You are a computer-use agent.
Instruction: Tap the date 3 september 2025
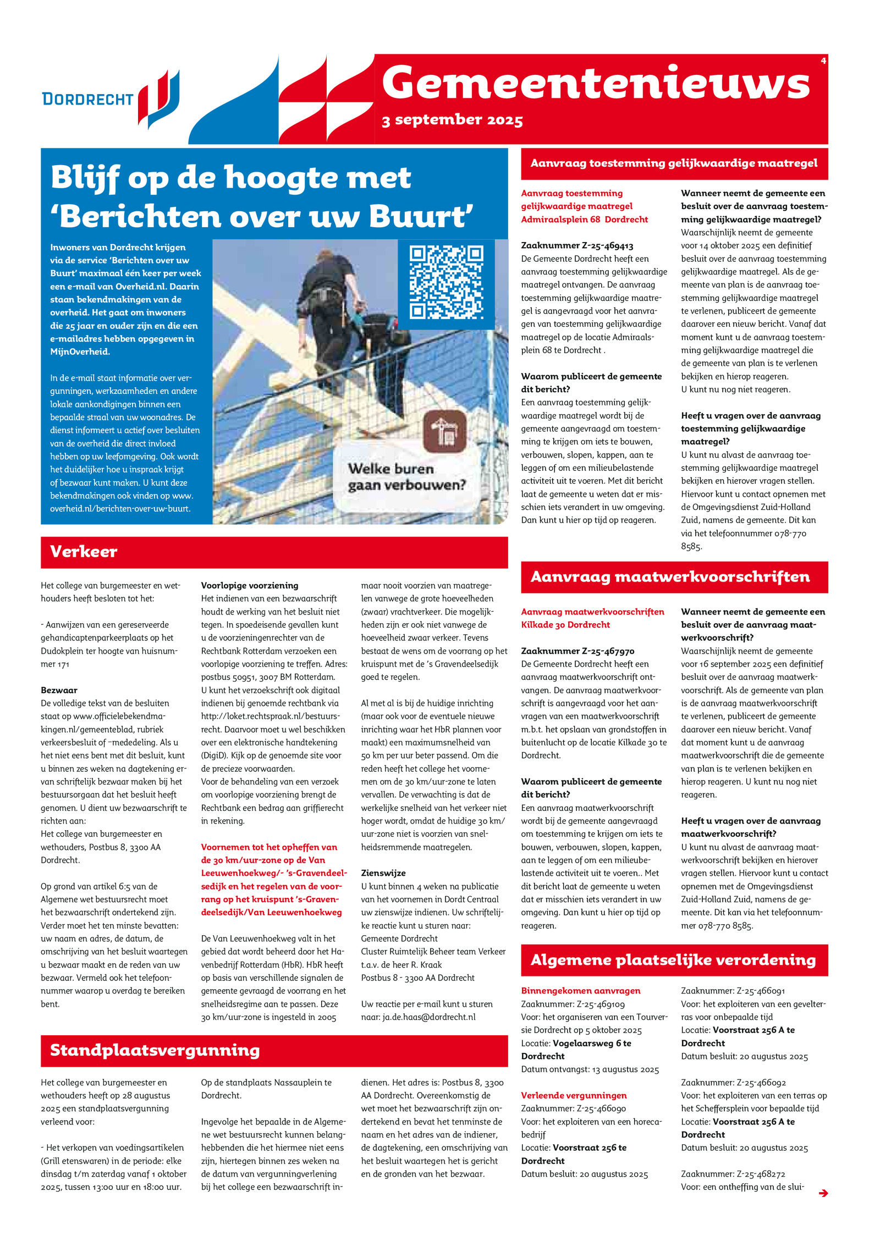click(x=452, y=120)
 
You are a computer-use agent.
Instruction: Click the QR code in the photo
click(x=446, y=283)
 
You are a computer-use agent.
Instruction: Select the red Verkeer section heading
click(x=84, y=552)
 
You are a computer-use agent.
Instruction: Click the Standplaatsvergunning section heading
click(x=155, y=1050)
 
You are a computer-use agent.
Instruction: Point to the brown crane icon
click(x=444, y=432)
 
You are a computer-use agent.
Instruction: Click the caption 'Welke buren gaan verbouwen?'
click(x=406, y=477)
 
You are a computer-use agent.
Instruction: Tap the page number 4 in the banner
click(x=823, y=61)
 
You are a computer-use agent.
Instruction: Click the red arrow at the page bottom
click(x=823, y=1193)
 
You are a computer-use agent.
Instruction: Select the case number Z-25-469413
click(x=577, y=245)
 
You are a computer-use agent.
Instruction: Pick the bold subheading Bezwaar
click(x=59, y=690)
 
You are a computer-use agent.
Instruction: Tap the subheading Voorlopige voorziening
click(x=249, y=585)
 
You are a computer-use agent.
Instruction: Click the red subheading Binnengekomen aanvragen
click(x=581, y=990)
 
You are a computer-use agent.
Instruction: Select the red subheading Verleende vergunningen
click(x=574, y=1095)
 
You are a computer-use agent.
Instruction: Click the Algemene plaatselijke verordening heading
click(x=673, y=960)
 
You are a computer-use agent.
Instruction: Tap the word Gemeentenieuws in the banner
click(x=596, y=83)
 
